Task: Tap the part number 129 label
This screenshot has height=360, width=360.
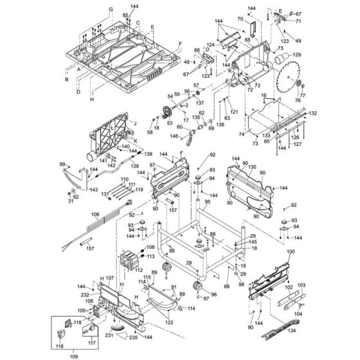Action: [x=296, y=56]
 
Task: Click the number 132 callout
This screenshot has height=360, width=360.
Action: [x=313, y=113]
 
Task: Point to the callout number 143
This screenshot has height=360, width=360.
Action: [x=94, y=190]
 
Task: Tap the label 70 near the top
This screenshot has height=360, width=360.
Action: [x=239, y=19]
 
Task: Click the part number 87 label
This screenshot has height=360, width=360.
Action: [x=152, y=166]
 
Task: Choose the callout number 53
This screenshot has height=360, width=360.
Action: [x=170, y=123]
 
